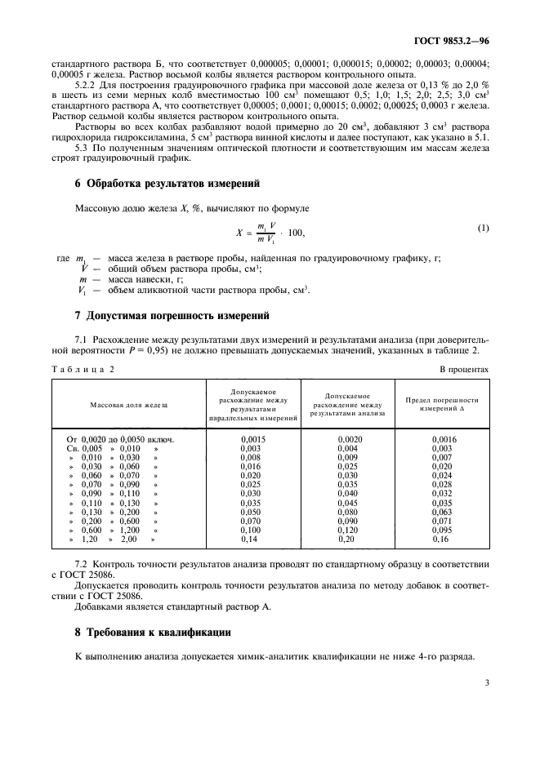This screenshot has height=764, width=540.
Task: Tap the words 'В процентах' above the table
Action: click(464, 369)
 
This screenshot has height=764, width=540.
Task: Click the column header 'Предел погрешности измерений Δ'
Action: click(442, 404)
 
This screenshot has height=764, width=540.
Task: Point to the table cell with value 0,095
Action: click(442, 530)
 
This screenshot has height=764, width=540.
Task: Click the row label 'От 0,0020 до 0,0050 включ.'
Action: click(121, 438)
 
